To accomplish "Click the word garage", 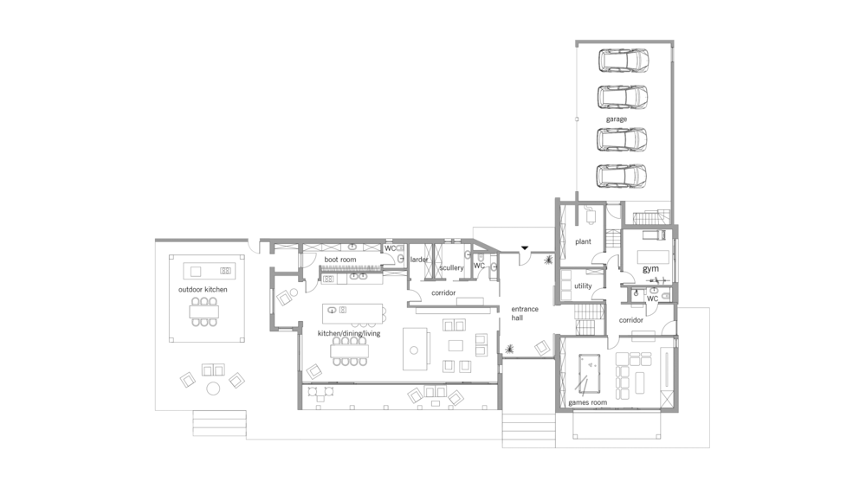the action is (617, 119).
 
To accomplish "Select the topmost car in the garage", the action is (623, 61).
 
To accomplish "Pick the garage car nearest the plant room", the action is (622, 177).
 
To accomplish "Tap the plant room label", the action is (583, 241).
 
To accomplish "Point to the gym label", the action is (650, 269).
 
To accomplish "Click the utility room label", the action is (583, 286).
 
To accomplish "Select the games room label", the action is (588, 402).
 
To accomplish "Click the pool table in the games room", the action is (590, 373).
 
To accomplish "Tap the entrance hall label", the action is (524, 313).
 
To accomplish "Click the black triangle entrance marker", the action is (525, 248).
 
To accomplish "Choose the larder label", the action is (419, 260).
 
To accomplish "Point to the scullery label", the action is (451, 267).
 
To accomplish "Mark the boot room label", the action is (340, 260).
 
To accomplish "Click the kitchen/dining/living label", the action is (349, 333).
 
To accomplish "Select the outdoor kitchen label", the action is (203, 289).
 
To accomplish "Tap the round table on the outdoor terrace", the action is (213, 388).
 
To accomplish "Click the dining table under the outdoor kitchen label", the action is (204, 311).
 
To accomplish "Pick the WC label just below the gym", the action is (652, 299).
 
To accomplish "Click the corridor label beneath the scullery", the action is (443, 292).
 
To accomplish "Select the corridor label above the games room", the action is (630, 320).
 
